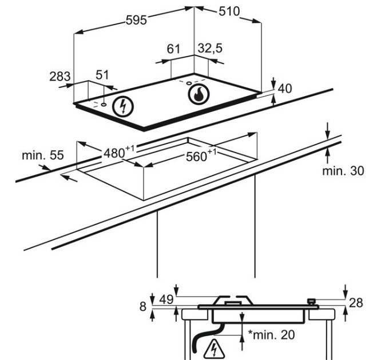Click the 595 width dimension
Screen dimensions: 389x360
tap(136, 20)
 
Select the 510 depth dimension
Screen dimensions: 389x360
tap(229, 11)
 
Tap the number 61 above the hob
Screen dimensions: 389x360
tap(173, 49)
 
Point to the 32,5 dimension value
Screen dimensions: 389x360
tap(210, 49)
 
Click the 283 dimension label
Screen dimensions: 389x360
tap(60, 77)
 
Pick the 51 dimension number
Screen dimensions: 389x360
tap(102, 75)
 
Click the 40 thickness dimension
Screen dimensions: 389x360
tap(285, 89)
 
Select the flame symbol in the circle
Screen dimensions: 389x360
tap(199, 94)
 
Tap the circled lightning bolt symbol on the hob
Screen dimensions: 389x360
tap(123, 107)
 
